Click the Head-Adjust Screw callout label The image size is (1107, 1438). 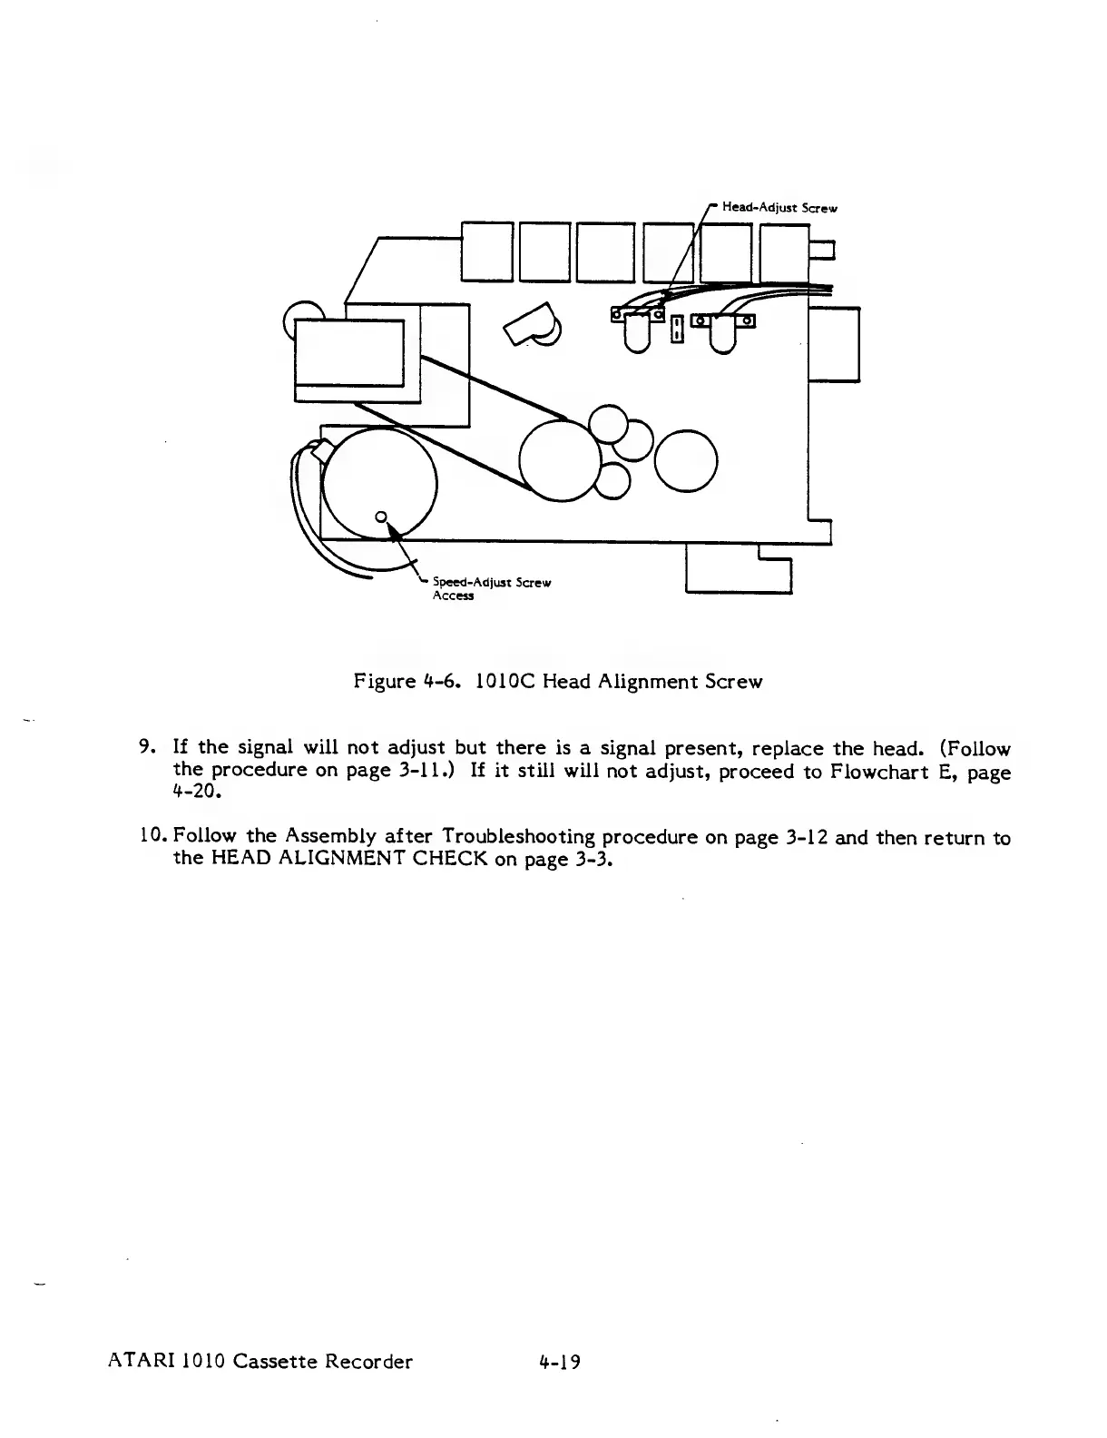pyautogui.click(x=779, y=208)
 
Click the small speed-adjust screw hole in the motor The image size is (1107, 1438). pyautogui.click(x=382, y=517)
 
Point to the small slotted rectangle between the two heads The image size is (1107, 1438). pyautogui.click(x=676, y=329)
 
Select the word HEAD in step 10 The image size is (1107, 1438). pyautogui.click(x=239, y=858)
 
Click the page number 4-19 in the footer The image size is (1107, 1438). pyautogui.click(x=558, y=1362)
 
